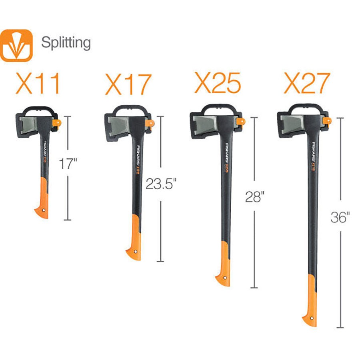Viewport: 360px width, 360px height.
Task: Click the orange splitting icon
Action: [16, 45]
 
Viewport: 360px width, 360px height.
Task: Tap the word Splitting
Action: [66, 42]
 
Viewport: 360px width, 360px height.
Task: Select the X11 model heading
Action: [38, 84]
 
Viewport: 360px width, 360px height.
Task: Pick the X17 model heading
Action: [128, 84]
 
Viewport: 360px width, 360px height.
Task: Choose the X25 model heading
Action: [218, 83]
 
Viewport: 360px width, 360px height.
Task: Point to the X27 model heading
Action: [307, 83]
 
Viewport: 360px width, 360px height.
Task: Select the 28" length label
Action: [253, 197]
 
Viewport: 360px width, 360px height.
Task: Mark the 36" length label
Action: [340, 218]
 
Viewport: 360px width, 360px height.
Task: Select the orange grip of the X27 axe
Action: [311, 300]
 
